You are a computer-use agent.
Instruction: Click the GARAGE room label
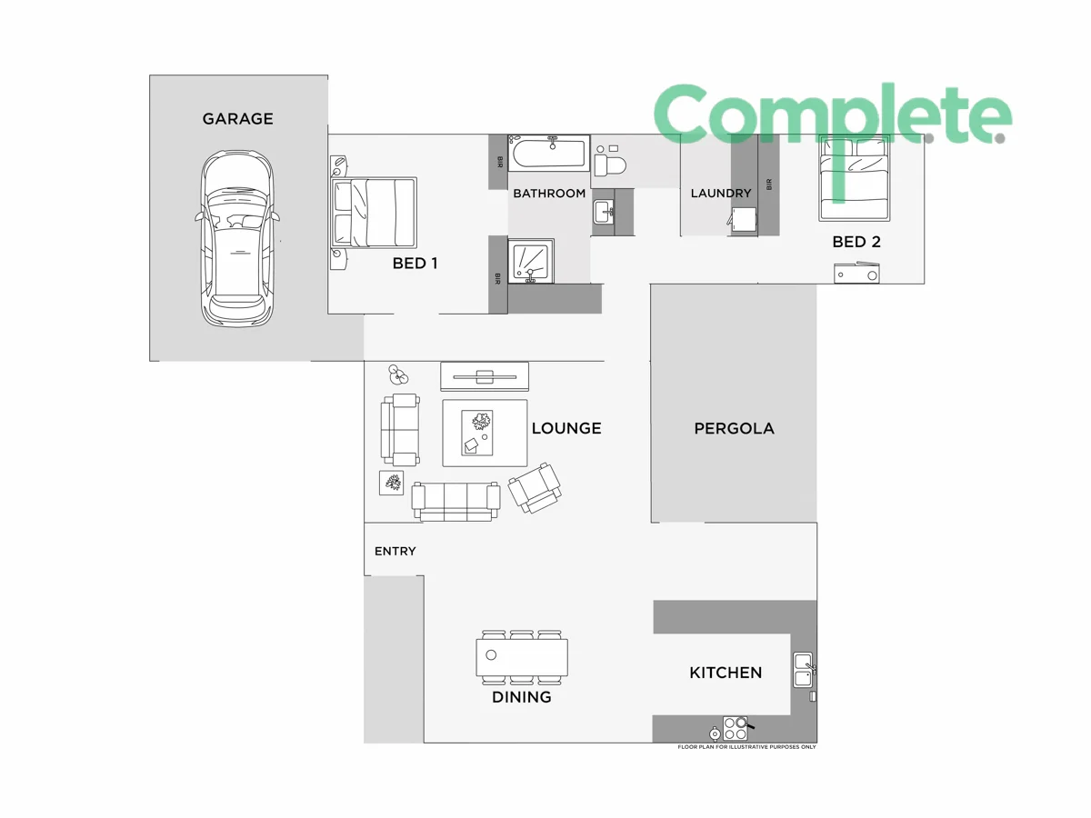point(237,119)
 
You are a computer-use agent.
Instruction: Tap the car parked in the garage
point(237,238)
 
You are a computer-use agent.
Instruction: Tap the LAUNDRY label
point(721,193)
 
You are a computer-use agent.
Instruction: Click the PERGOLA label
point(734,428)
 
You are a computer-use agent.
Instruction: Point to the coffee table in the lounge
point(485,433)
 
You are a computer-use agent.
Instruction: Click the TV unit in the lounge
point(484,375)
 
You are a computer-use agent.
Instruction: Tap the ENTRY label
point(395,552)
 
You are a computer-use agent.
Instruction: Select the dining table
point(522,656)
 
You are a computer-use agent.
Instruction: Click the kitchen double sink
point(803,670)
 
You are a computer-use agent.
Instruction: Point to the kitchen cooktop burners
point(735,728)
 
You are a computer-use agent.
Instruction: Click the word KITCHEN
point(726,673)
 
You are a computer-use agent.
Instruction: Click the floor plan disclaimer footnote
point(746,747)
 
